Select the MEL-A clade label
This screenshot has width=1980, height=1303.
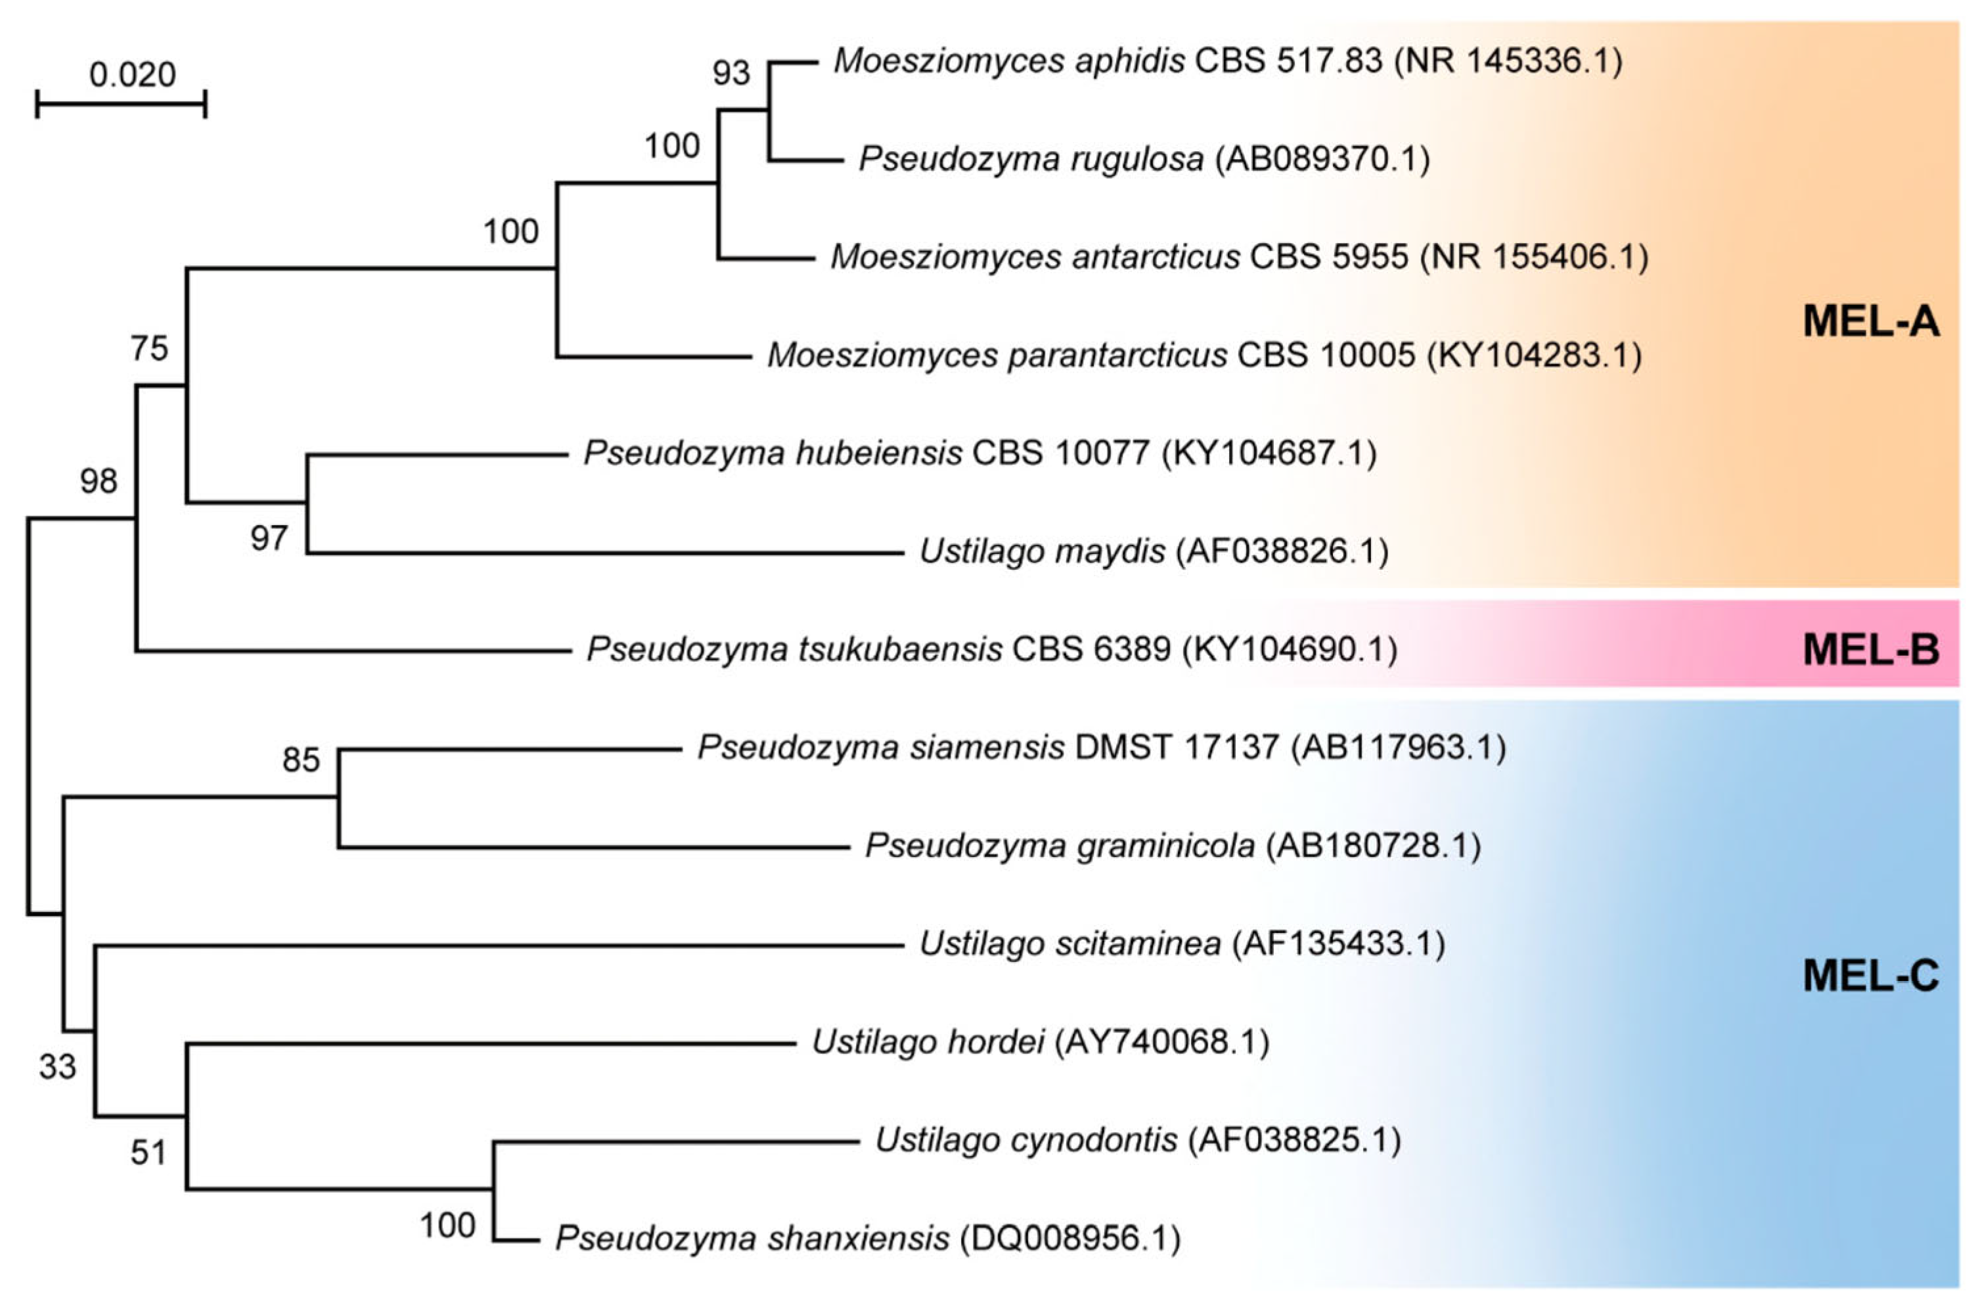tap(1870, 321)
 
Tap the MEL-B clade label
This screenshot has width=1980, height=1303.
tap(1870, 650)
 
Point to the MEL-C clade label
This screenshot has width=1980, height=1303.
tap(1870, 976)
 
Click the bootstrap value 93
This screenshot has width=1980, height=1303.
tap(731, 73)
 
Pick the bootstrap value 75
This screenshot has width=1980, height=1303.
tap(149, 348)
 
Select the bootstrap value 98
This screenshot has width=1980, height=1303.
tap(99, 480)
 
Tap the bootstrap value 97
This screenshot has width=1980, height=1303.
tap(269, 538)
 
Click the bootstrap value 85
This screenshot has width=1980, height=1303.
tap(300, 760)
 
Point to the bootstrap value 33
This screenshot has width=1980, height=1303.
tap(57, 1066)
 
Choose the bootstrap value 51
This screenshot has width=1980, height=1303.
tap(149, 1153)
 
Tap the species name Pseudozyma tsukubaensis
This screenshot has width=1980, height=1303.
tap(794, 649)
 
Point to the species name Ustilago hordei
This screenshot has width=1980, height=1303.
tap(928, 1041)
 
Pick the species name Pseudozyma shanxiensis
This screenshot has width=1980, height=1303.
tap(752, 1238)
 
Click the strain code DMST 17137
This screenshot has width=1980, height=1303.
tap(1177, 747)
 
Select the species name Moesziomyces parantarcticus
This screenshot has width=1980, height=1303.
tap(997, 355)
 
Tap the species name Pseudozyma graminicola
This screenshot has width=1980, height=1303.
tap(1060, 846)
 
